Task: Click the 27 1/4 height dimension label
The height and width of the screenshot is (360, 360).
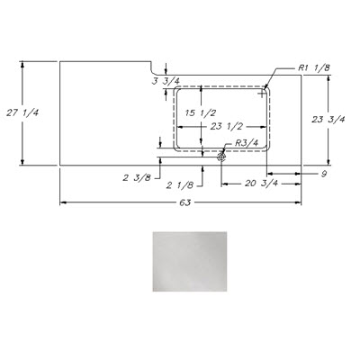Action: click(22, 113)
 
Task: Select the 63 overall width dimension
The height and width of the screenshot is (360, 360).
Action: click(185, 202)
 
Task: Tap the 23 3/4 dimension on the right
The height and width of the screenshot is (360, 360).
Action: click(328, 120)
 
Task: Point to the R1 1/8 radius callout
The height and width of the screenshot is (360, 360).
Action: click(314, 67)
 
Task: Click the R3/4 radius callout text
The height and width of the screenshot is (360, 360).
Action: click(246, 143)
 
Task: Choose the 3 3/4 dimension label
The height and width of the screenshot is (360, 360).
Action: click(166, 81)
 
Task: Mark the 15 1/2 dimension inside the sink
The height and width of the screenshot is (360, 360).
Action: click(201, 113)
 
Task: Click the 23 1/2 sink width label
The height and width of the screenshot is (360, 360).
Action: click(226, 127)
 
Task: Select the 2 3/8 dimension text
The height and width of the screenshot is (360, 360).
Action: click(137, 177)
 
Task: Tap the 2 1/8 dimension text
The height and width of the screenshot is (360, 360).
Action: click(180, 185)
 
